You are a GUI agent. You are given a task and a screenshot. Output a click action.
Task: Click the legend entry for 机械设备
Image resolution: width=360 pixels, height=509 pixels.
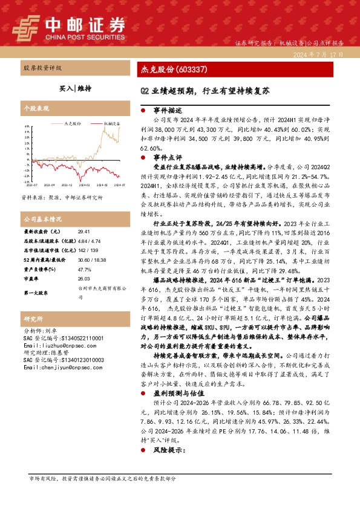pos(112,123)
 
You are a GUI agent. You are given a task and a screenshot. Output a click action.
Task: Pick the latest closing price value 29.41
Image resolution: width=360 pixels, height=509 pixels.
pos(83,232)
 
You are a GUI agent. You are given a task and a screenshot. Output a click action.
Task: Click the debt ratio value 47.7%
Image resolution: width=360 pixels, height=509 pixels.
pos(84,269)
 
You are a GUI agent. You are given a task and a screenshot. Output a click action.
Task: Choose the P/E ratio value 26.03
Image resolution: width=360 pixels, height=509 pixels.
pos(83,279)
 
